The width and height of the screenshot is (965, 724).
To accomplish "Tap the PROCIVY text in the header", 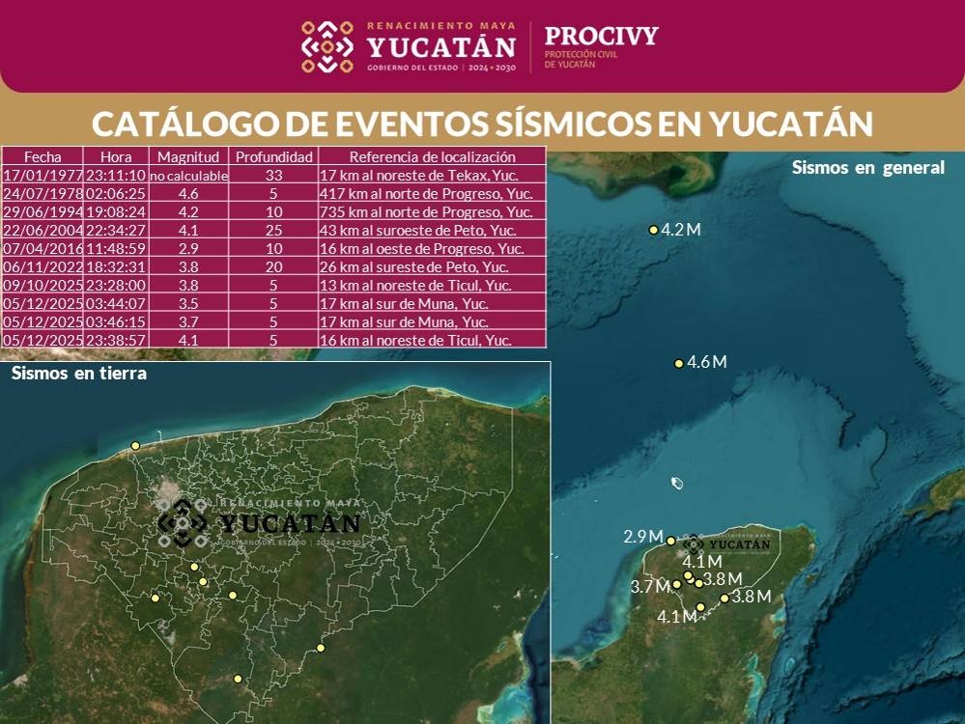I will click(x=601, y=36).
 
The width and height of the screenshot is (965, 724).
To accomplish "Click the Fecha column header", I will click(x=43, y=156).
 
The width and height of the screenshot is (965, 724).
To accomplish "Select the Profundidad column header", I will click(x=274, y=156).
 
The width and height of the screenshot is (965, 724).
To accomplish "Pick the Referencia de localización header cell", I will click(x=432, y=156).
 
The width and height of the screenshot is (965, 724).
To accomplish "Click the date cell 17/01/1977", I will click(x=43, y=175).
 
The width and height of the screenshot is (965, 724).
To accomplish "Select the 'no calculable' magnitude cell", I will click(x=188, y=176).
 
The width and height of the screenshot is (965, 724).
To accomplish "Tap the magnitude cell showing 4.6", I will click(x=188, y=193).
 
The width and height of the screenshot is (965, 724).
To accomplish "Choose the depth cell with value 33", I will click(x=274, y=175).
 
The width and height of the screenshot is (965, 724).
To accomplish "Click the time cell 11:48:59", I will click(x=116, y=248).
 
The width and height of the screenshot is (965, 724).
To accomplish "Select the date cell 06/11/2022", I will click(x=43, y=266).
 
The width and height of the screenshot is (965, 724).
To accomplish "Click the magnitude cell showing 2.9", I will click(x=188, y=248).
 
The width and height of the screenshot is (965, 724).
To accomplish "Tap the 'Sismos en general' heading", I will click(x=867, y=167).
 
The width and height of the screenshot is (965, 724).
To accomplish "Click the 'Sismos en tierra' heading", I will click(x=79, y=374).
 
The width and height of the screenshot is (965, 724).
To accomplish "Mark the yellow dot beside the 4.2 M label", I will click(x=653, y=230).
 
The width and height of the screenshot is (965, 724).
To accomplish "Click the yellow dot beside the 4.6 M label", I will click(x=678, y=364).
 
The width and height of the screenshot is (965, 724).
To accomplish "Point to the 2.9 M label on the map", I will click(x=643, y=537).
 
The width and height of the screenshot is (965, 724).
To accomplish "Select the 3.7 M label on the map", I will click(x=650, y=587).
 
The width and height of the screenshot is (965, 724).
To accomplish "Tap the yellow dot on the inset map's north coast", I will click(x=135, y=445).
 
